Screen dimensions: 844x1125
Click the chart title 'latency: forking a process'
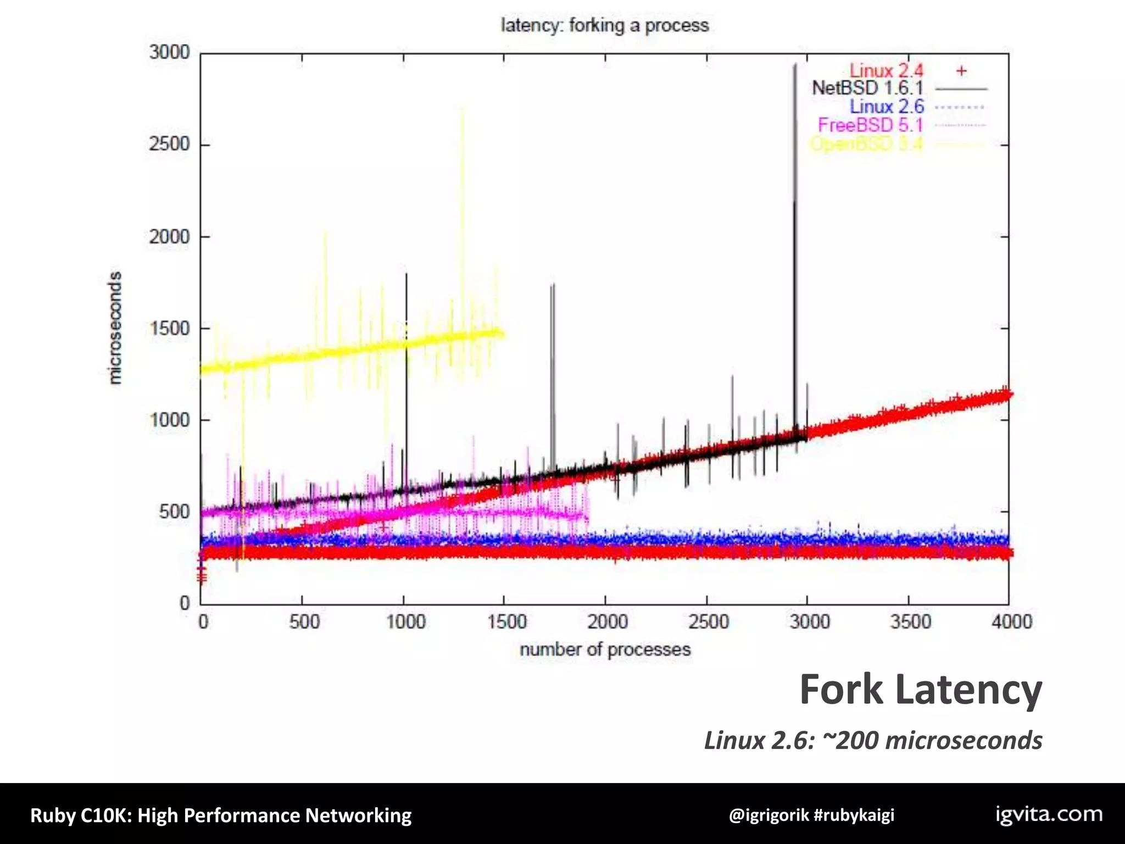(605, 25)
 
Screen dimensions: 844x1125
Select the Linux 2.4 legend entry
(886, 70)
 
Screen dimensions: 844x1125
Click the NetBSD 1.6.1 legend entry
(868, 88)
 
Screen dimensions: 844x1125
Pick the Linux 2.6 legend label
(887, 107)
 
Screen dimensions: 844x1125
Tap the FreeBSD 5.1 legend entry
(870, 125)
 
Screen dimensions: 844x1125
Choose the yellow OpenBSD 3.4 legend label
(866, 144)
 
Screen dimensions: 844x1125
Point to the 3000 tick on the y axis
(169, 53)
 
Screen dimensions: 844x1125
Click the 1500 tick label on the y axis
(169, 329)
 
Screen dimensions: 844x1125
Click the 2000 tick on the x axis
(607, 622)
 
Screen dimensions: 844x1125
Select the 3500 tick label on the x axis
(910, 622)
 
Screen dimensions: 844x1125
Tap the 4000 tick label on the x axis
(1011, 622)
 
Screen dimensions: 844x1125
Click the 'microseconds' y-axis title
(115, 328)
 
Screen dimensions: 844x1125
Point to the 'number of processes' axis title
(605, 649)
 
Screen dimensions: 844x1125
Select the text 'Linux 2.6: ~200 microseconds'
(873, 740)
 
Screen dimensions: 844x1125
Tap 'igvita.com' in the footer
(1049, 814)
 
